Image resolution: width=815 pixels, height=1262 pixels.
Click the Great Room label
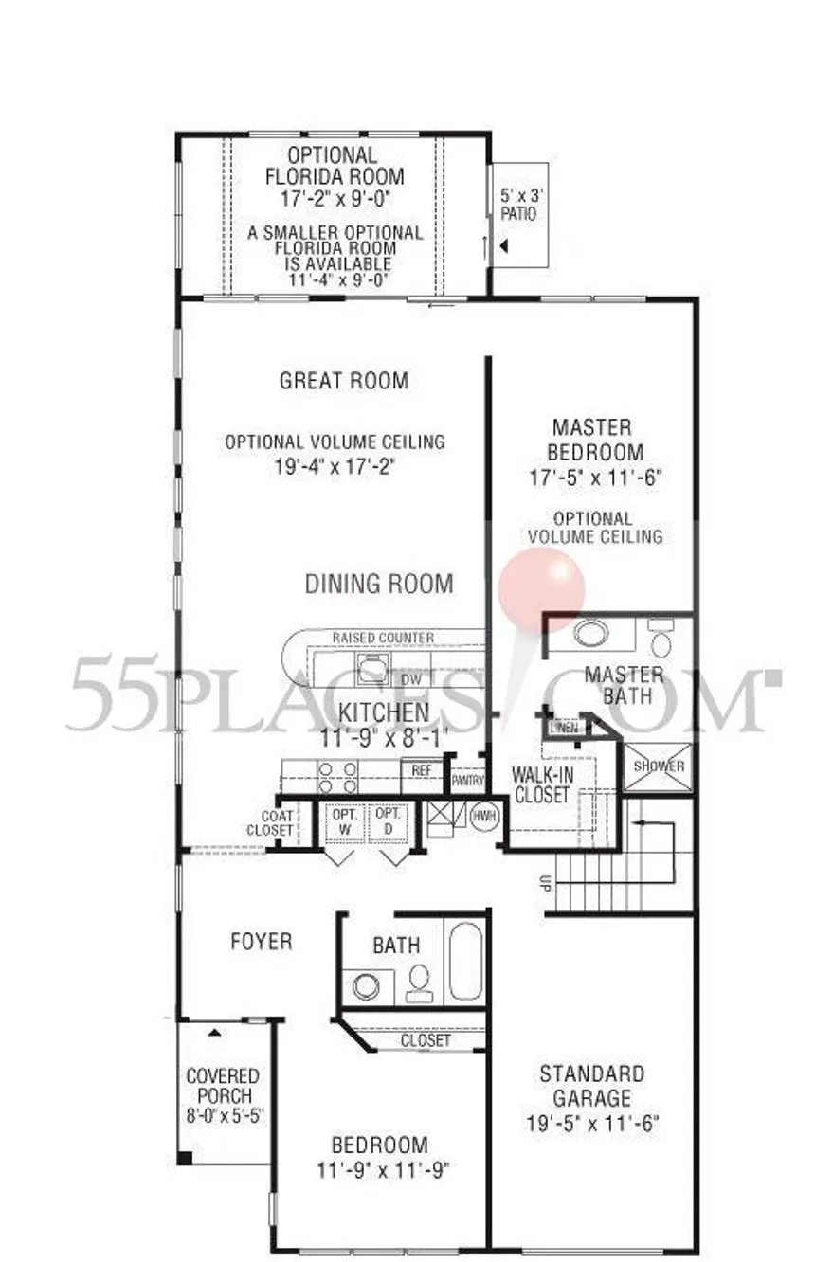click(x=344, y=381)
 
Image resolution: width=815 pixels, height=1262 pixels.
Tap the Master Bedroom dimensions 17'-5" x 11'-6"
click(x=594, y=478)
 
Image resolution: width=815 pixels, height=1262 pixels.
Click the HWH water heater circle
click(x=484, y=815)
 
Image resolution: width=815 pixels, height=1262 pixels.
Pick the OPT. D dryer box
click(x=388, y=822)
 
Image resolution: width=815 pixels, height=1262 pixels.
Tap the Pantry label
click(x=467, y=781)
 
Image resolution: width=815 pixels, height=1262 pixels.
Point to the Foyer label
click(x=262, y=942)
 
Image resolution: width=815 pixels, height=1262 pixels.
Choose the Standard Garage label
click(x=592, y=1086)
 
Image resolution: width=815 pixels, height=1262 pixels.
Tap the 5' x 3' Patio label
click(x=518, y=207)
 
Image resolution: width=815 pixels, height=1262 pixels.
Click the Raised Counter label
click(x=383, y=638)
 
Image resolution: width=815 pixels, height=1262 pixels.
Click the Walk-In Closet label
click(x=541, y=784)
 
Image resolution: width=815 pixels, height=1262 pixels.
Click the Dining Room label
click(x=379, y=584)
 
